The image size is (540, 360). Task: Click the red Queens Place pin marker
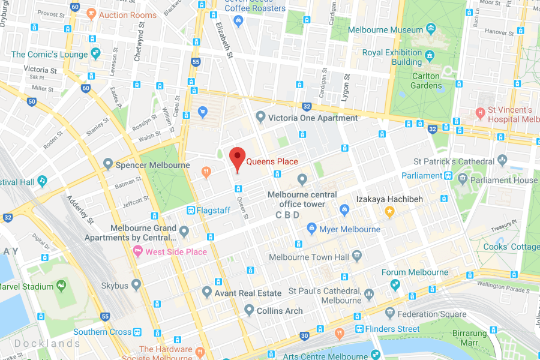pyautogui.click(x=238, y=158)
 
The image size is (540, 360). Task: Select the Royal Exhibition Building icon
pyautogui.click(x=431, y=58)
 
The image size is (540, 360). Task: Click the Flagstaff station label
pyautogui.click(x=213, y=210)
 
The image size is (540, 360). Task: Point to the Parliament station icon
pyautogui.click(x=448, y=176)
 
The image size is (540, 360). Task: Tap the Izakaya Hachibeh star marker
pyautogui.click(x=389, y=211)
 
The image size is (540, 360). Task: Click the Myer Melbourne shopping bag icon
pyautogui.click(x=311, y=229)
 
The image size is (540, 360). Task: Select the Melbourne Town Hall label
pyautogui.click(x=308, y=257)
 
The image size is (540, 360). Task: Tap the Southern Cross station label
pyautogui.click(x=102, y=332)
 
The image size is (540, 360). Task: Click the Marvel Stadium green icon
pyautogui.click(x=61, y=287)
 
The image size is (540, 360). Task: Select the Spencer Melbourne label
pyautogui.click(x=152, y=165)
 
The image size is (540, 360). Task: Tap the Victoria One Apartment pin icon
pyautogui.click(x=260, y=117)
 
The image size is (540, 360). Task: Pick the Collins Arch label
pyautogui.click(x=279, y=311)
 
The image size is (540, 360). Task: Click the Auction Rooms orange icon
pyautogui.click(x=91, y=14)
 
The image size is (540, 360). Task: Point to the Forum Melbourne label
pyautogui.click(x=415, y=272)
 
